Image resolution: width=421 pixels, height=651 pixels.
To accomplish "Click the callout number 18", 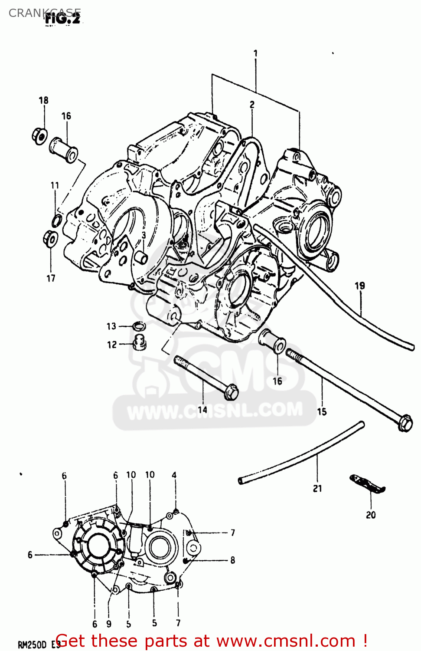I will pyautogui.click(x=43, y=100).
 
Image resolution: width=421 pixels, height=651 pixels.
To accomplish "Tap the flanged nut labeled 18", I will pyautogui.click(x=39, y=136).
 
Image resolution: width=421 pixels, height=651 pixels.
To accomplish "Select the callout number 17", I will pyautogui.click(x=51, y=278).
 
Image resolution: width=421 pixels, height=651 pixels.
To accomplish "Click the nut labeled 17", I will pyautogui.click(x=50, y=239).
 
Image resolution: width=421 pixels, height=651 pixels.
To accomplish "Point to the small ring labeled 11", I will pyautogui.click(x=56, y=221).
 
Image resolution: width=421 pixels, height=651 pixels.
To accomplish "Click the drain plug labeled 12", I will pyautogui.click(x=139, y=343).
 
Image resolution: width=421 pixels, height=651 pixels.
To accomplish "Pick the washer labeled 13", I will pyautogui.click(x=139, y=325).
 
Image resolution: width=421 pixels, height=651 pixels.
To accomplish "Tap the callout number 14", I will pyautogui.click(x=202, y=409).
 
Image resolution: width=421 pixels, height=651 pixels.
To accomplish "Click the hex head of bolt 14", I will pyautogui.click(x=232, y=392).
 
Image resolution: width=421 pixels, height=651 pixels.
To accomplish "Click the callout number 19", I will pyautogui.click(x=360, y=286).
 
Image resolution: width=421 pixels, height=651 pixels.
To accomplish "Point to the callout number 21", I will pyautogui.click(x=317, y=488).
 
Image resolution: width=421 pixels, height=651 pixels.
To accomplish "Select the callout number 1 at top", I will pyautogui.click(x=255, y=53).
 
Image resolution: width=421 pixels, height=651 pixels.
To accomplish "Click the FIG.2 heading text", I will pyautogui.click(x=62, y=19).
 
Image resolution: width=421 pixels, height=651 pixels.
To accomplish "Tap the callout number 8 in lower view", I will pyautogui.click(x=233, y=560).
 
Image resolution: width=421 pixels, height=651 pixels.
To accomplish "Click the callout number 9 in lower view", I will pyautogui.click(x=108, y=624).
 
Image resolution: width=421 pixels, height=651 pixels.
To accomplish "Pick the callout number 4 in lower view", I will pyautogui.click(x=174, y=475).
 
